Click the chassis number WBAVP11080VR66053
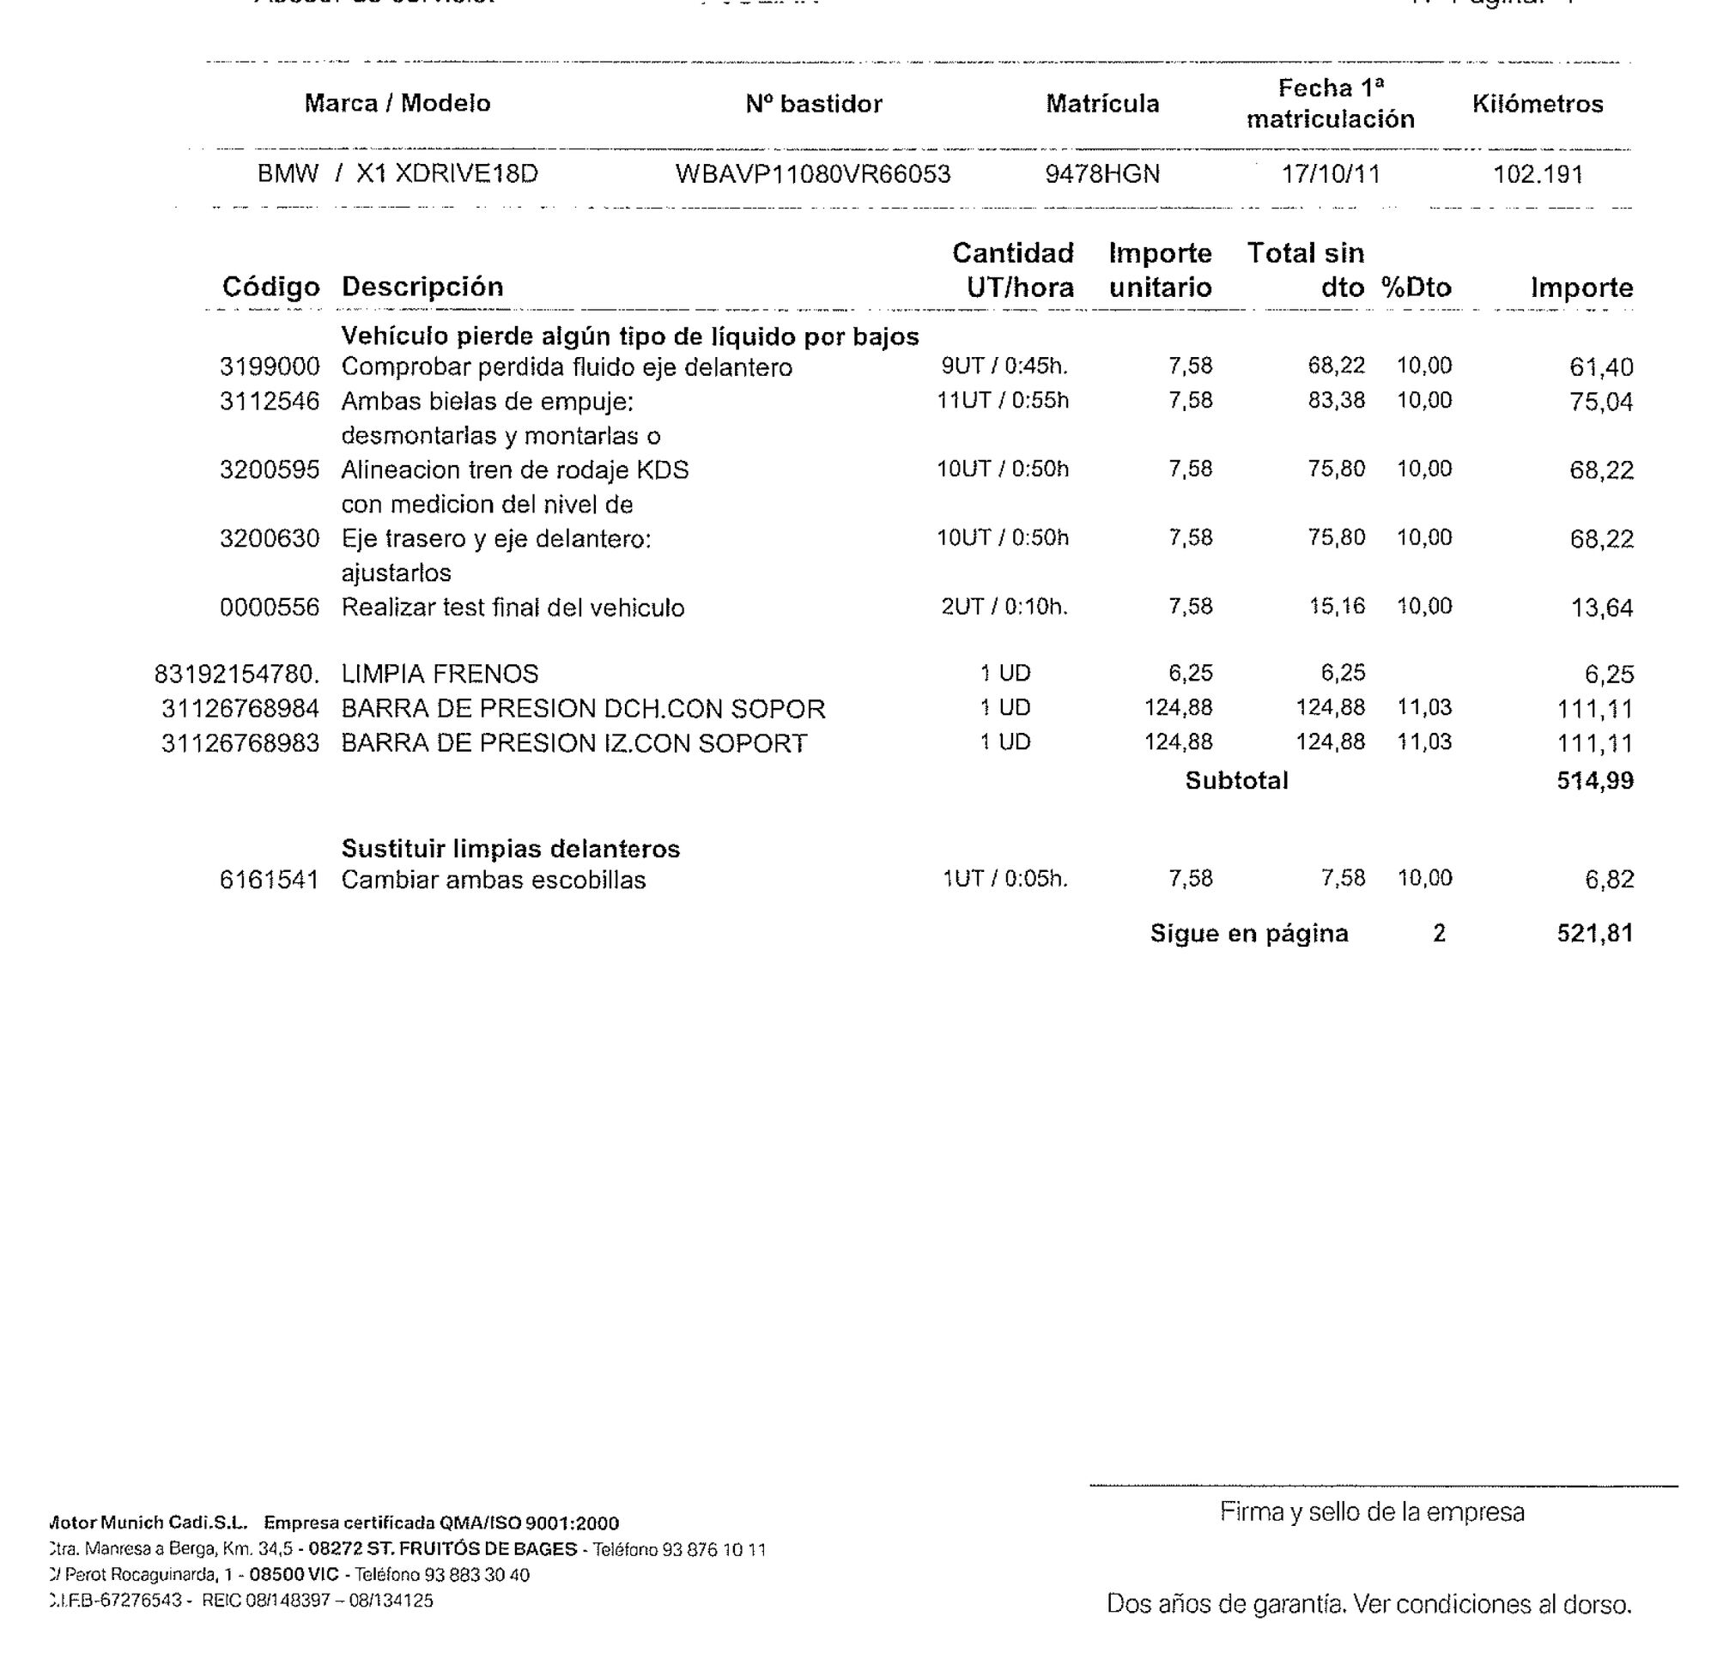812,174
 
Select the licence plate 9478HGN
1102,174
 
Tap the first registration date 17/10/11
1331,174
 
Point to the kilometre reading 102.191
1538,174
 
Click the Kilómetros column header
1538,104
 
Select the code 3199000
270,367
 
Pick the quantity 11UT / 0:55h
1002,401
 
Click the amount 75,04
1600,402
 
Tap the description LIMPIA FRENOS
440,675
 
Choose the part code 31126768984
240,709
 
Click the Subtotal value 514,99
1594,780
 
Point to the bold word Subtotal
1236,780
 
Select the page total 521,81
1594,934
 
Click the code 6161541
270,881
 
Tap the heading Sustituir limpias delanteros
511,849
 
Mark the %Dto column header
1417,288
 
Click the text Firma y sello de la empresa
1372,1512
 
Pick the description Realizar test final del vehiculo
513,608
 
